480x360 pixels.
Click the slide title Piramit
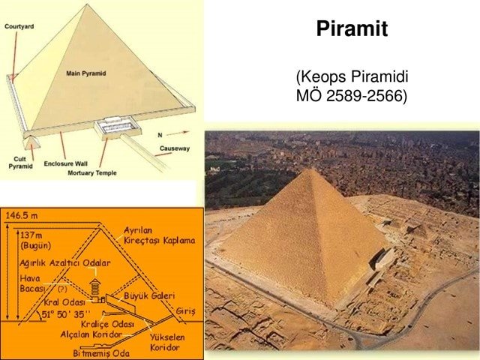[x=352, y=28]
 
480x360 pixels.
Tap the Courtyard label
[x=19, y=27]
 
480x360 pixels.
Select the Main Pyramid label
[x=86, y=73]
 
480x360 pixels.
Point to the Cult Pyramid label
[x=20, y=163]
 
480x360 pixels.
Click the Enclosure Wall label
[x=66, y=163]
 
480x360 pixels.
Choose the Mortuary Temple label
[x=92, y=173]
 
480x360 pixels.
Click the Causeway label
[x=175, y=148]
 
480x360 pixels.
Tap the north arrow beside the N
[x=178, y=133]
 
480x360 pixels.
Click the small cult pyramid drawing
[x=31, y=142]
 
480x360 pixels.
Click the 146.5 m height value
[x=22, y=216]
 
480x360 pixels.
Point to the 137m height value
[x=31, y=235]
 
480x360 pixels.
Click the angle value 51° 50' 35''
[x=66, y=315]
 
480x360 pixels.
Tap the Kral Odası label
[x=64, y=302]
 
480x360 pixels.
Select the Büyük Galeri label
[x=149, y=295]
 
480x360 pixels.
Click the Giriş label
[x=185, y=312]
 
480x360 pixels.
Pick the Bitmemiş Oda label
[x=101, y=353]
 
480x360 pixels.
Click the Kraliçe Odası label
[x=107, y=324]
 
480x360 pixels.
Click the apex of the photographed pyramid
[x=311, y=169]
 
